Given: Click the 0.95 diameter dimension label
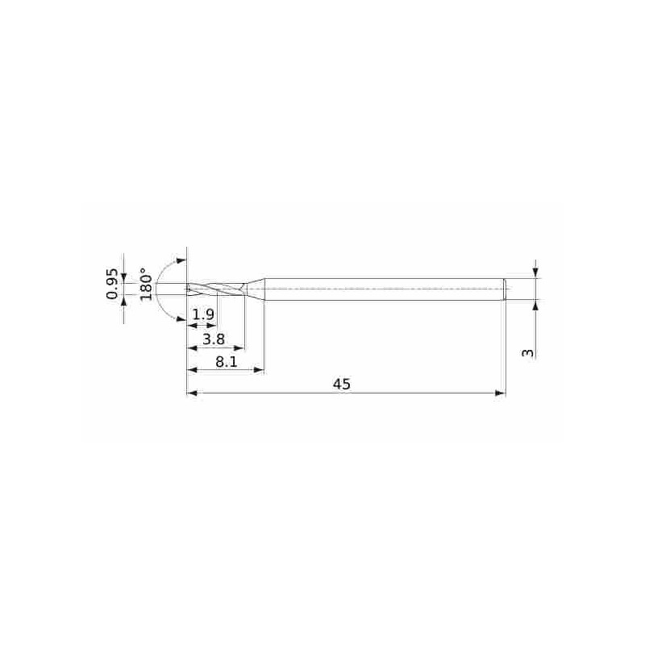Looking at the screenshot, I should pyautogui.click(x=113, y=284).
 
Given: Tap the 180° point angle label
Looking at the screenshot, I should pyautogui.click(x=144, y=284).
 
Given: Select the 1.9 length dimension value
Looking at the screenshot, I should pyautogui.click(x=204, y=314).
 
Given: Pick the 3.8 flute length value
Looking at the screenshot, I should pyautogui.click(x=214, y=339).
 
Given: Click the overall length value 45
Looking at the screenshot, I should pyautogui.click(x=342, y=385).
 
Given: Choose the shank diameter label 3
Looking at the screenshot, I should pyautogui.click(x=528, y=352).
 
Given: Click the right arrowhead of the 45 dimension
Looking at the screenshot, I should pyautogui.click(x=500, y=393).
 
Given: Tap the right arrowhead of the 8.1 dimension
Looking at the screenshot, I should pyautogui.click(x=260, y=370).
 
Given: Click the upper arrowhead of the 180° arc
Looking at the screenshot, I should pyautogui.click(x=181, y=261).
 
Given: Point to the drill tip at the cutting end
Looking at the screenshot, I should pyautogui.click(x=188, y=289).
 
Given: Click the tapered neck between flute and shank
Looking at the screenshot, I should pyautogui.click(x=256, y=289).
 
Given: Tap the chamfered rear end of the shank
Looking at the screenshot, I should pyautogui.click(x=504, y=289).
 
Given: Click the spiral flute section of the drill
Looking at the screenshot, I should pyautogui.click(x=216, y=289).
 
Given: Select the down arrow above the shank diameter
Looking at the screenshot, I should pyautogui.click(x=535, y=273).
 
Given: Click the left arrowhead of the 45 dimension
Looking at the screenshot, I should pyautogui.click(x=192, y=393).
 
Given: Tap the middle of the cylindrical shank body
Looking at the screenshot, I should pyautogui.click(x=383, y=289).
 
